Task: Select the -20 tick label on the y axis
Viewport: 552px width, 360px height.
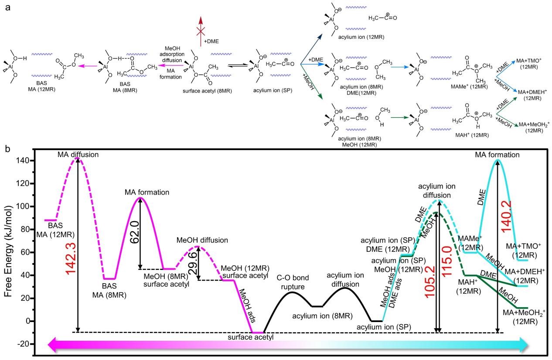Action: [23, 344]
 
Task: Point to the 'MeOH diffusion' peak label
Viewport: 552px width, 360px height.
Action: [202, 240]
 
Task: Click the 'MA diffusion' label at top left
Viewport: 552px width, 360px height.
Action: [78, 155]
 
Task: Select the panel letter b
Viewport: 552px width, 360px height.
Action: [7, 148]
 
